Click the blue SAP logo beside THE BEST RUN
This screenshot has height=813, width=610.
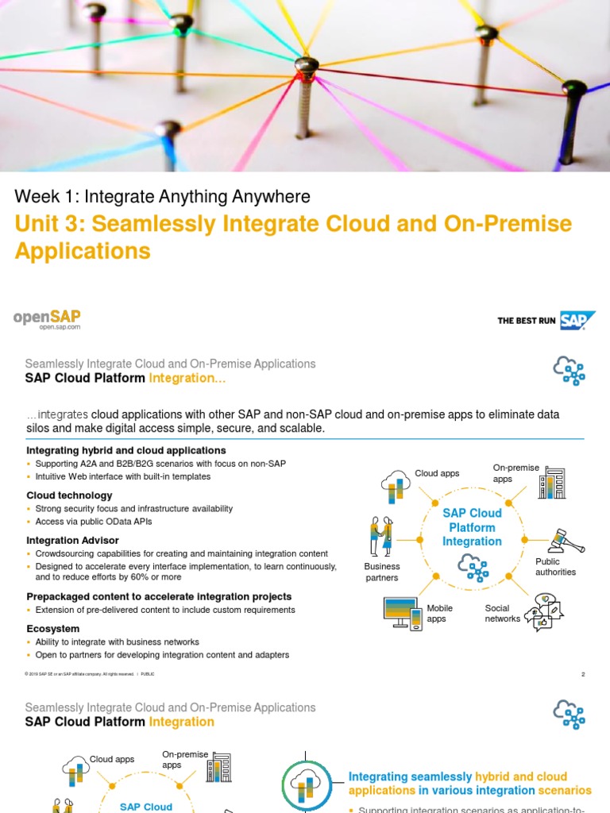[577, 320]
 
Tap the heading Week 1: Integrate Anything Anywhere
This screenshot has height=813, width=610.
[163, 196]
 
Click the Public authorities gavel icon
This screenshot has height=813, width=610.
[567, 540]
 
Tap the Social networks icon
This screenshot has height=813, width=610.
[544, 611]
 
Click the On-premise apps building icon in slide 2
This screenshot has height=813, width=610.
[552, 482]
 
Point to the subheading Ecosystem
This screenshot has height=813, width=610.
[52, 628]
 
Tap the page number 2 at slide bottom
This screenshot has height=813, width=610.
[583, 675]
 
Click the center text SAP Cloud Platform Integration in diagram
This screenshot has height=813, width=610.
[472, 527]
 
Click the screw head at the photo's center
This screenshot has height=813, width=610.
[306, 64]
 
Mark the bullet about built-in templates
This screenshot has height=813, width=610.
[123, 476]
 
